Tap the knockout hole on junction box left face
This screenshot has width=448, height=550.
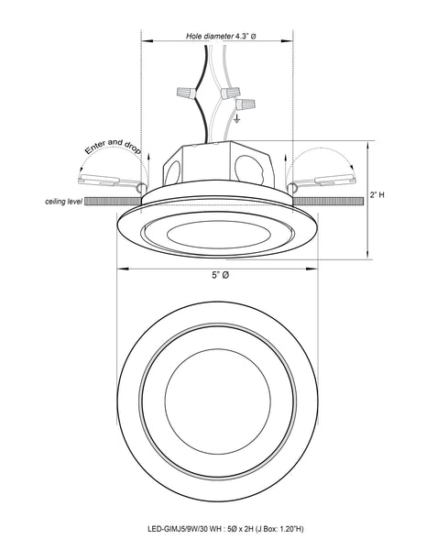point(171,168)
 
